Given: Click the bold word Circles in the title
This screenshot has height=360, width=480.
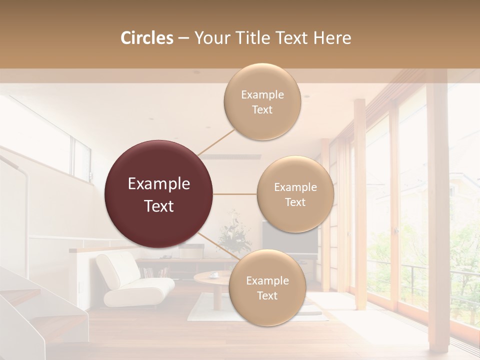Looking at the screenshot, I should (x=147, y=38).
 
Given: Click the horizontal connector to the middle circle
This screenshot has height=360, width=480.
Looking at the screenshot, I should (x=234, y=194).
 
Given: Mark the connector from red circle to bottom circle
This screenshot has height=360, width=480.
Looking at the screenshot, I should (x=217, y=245).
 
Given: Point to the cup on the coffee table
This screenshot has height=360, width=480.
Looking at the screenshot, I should (x=213, y=274).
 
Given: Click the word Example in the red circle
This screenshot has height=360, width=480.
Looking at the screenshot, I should (x=158, y=184).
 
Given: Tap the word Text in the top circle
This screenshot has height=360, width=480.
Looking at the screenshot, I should (x=262, y=109).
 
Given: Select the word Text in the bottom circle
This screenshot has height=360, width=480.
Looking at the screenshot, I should (x=267, y=295).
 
